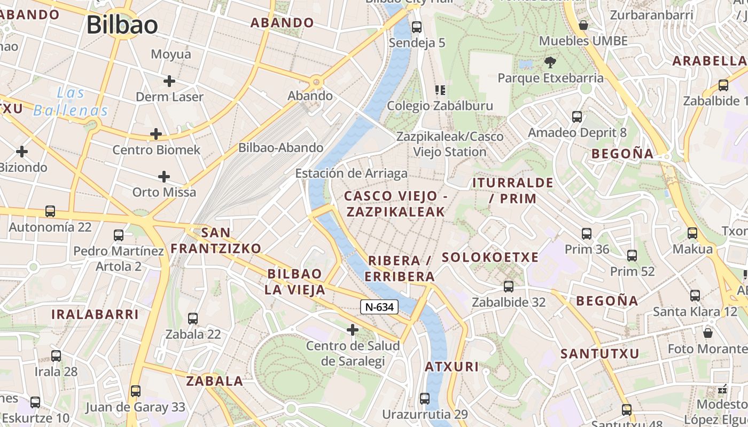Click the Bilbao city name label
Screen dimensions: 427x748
click(x=122, y=25)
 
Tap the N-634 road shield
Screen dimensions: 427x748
click(x=379, y=307)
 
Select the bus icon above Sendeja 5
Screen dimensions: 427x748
click(x=417, y=27)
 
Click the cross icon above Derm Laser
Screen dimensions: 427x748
click(x=169, y=81)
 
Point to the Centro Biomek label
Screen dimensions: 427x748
click(x=156, y=150)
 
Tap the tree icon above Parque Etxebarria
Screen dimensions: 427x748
click(x=550, y=62)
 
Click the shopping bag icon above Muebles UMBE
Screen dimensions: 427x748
click(x=583, y=25)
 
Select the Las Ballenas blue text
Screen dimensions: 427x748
click(x=71, y=102)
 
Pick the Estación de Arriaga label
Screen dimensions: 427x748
click(x=351, y=173)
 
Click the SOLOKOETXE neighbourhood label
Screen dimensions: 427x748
click(x=490, y=257)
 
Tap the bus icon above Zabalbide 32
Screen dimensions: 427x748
click(x=509, y=286)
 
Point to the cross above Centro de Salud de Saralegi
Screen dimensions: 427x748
click(x=353, y=330)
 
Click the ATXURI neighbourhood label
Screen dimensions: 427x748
click(x=451, y=367)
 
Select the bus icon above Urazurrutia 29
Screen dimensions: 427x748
click(x=425, y=398)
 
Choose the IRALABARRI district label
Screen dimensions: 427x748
click(x=95, y=314)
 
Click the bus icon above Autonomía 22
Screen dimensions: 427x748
click(x=50, y=211)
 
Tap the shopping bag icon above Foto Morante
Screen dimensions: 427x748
click(x=708, y=333)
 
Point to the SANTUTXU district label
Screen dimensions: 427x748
click(x=599, y=353)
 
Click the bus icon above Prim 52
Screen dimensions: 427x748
click(x=632, y=256)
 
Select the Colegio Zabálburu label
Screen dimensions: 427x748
click(x=440, y=106)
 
